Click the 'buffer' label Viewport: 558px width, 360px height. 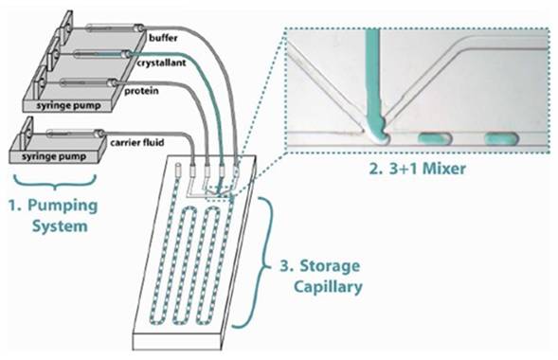tap(163, 37)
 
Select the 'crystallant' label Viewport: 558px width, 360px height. tap(162, 63)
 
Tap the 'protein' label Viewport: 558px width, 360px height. tap(141, 91)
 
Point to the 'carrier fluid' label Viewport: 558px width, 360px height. tap(137, 143)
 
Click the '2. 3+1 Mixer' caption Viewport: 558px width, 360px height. tap(417, 169)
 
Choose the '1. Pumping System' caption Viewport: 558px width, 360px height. tap(53, 216)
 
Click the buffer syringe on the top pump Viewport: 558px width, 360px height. tap(115, 27)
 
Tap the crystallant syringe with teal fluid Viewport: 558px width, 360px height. tap(101, 54)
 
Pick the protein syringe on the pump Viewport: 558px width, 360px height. tap(88, 83)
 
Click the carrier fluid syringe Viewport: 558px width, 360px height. tap(76, 134)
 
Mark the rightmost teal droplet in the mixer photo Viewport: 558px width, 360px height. tap(501, 138)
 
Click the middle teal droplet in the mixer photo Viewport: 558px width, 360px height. tap(435, 138)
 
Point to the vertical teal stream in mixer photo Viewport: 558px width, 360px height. tap(372, 79)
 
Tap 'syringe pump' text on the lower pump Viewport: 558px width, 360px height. tap(54, 156)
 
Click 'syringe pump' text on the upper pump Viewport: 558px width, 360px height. tap(68, 106)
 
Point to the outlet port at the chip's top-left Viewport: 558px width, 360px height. tap(178, 169)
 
